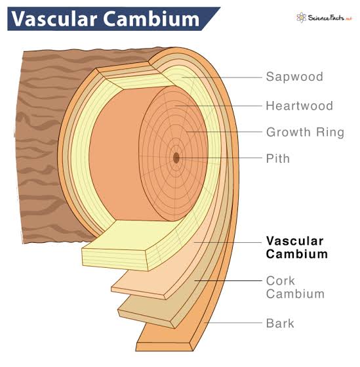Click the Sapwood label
[294, 77]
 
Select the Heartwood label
[299, 106]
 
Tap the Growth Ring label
[305, 132]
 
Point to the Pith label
[277, 158]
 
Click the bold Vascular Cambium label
[296, 247]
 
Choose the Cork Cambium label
[294, 287]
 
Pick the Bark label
[280, 323]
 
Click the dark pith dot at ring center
[176, 158]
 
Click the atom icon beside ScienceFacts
[302, 18]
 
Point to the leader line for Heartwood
[223, 106]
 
